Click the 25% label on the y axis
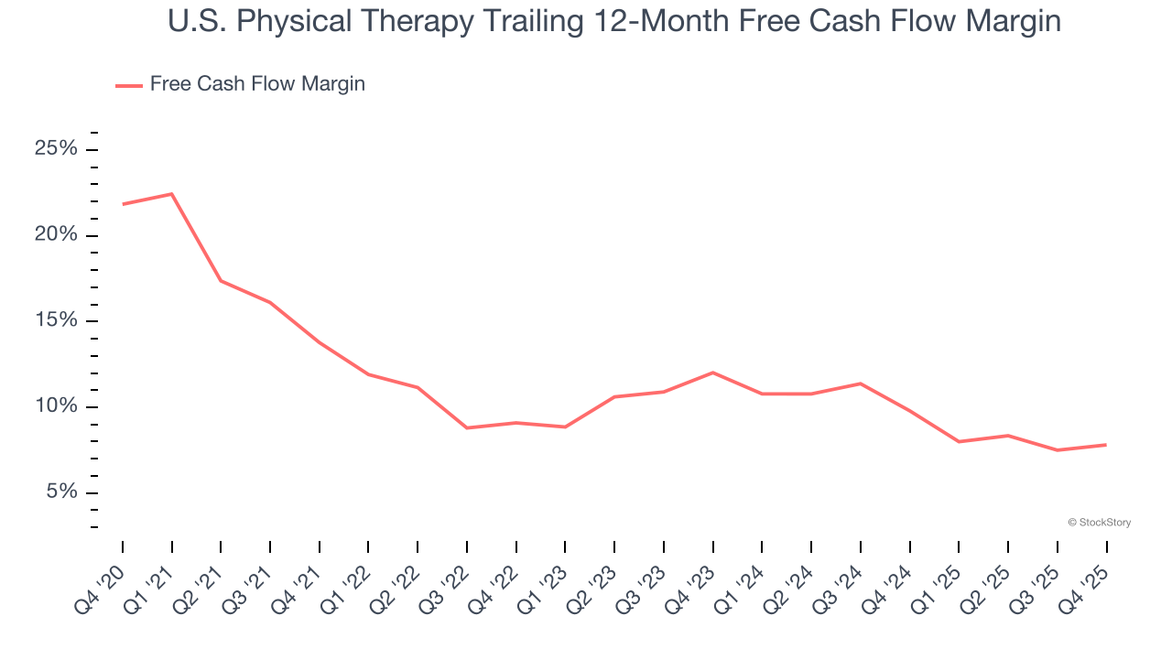[x=55, y=149]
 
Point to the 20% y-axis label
[x=55, y=235]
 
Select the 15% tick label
[x=55, y=321]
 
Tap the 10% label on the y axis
[x=55, y=406]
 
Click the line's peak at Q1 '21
[x=172, y=194]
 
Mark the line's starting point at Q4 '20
[x=123, y=204]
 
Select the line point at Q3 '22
[x=467, y=427]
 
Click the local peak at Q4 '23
[x=713, y=373]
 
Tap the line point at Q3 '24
[x=861, y=384]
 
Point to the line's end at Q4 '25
[x=1106, y=445]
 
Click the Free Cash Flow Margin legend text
[x=257, y=84]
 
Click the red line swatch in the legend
[x=128, y=85]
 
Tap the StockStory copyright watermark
[x=1099, y=523]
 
